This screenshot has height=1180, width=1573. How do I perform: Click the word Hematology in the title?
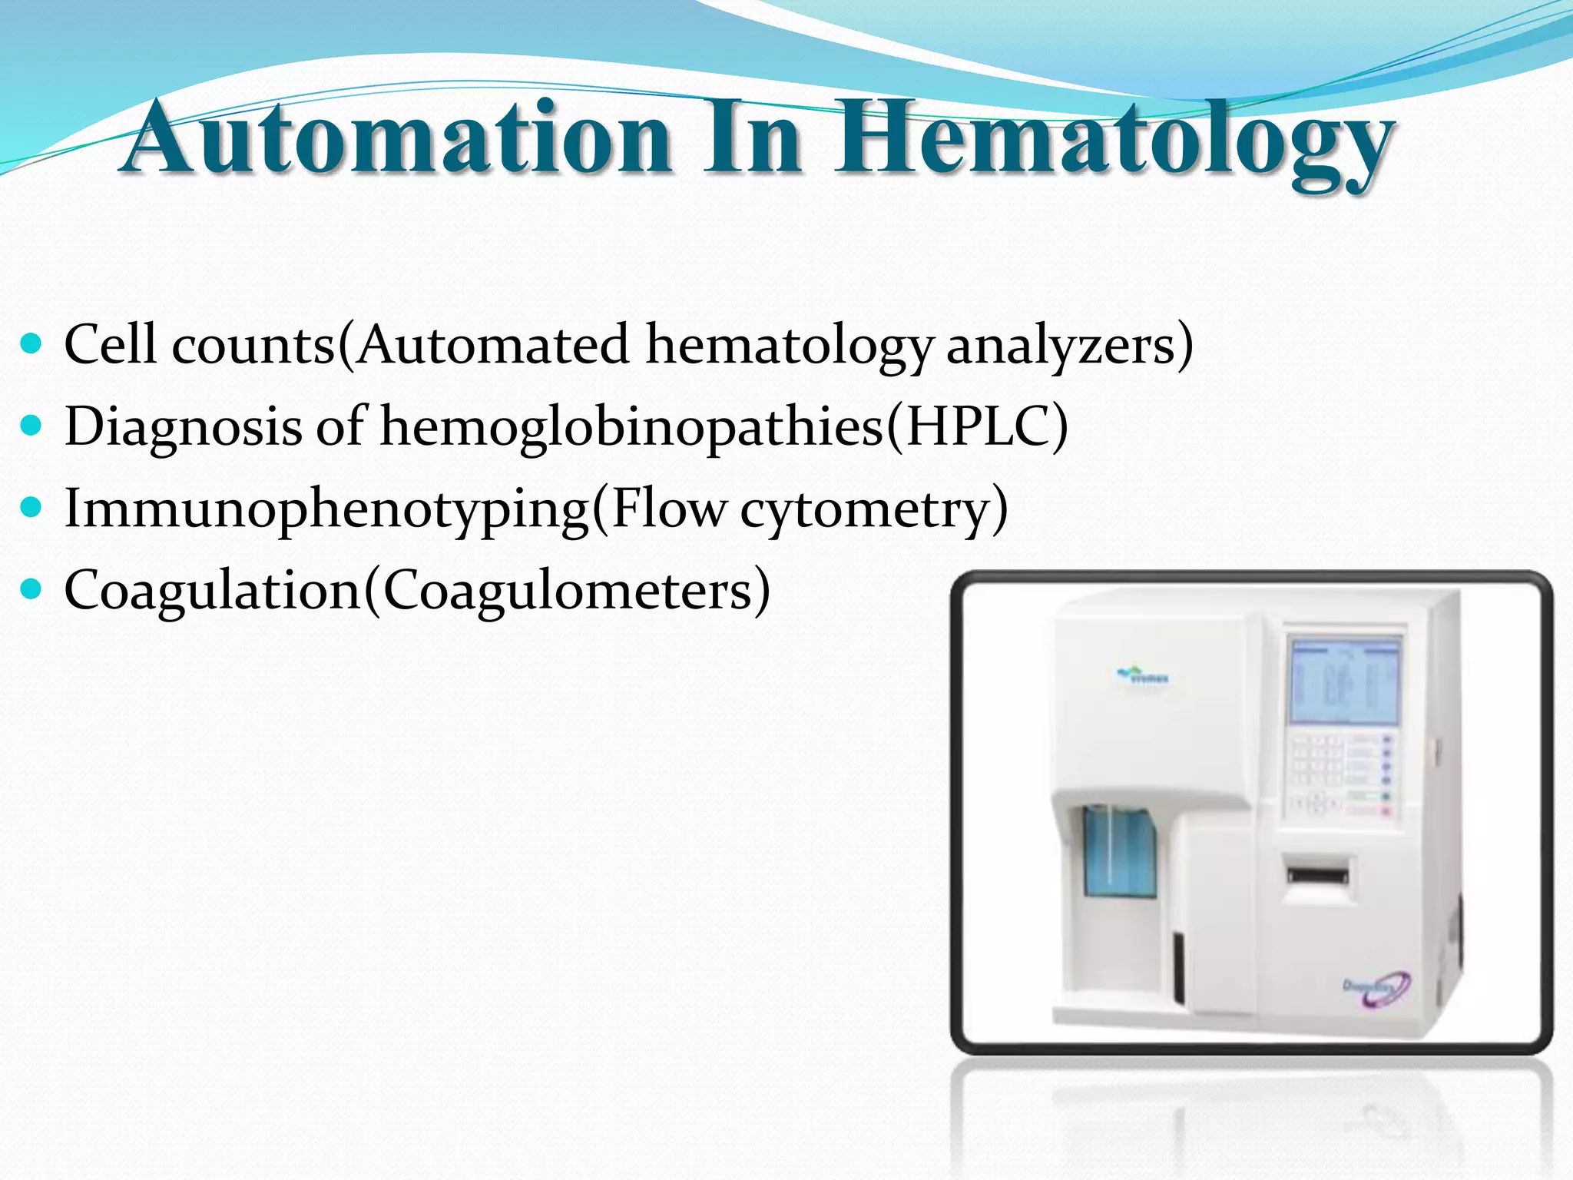click(x=1114, y=142)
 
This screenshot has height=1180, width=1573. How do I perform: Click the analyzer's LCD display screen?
click(x=1343, y=681)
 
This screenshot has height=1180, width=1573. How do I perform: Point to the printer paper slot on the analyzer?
click(x=1318, y=875)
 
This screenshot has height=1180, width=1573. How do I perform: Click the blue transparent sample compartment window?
click(x=1119, y=853)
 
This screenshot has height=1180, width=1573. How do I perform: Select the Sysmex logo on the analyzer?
click(x=1144, y=676)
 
